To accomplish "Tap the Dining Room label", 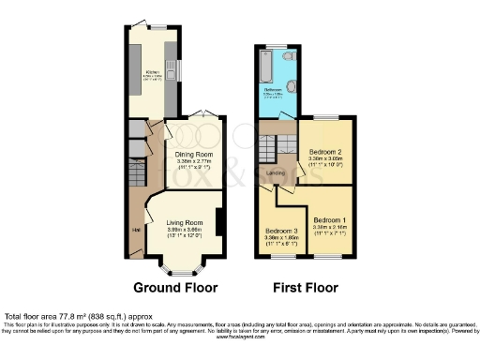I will pos(194,154).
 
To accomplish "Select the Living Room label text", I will pos(185,222).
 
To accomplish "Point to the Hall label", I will pos(135,229).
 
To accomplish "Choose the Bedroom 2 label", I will pos(325,152).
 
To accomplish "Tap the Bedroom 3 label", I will pos(282,231).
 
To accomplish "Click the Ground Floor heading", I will pos(175,287).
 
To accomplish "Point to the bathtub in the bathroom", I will pos(265,67).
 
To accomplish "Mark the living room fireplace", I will pos(218,224).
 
